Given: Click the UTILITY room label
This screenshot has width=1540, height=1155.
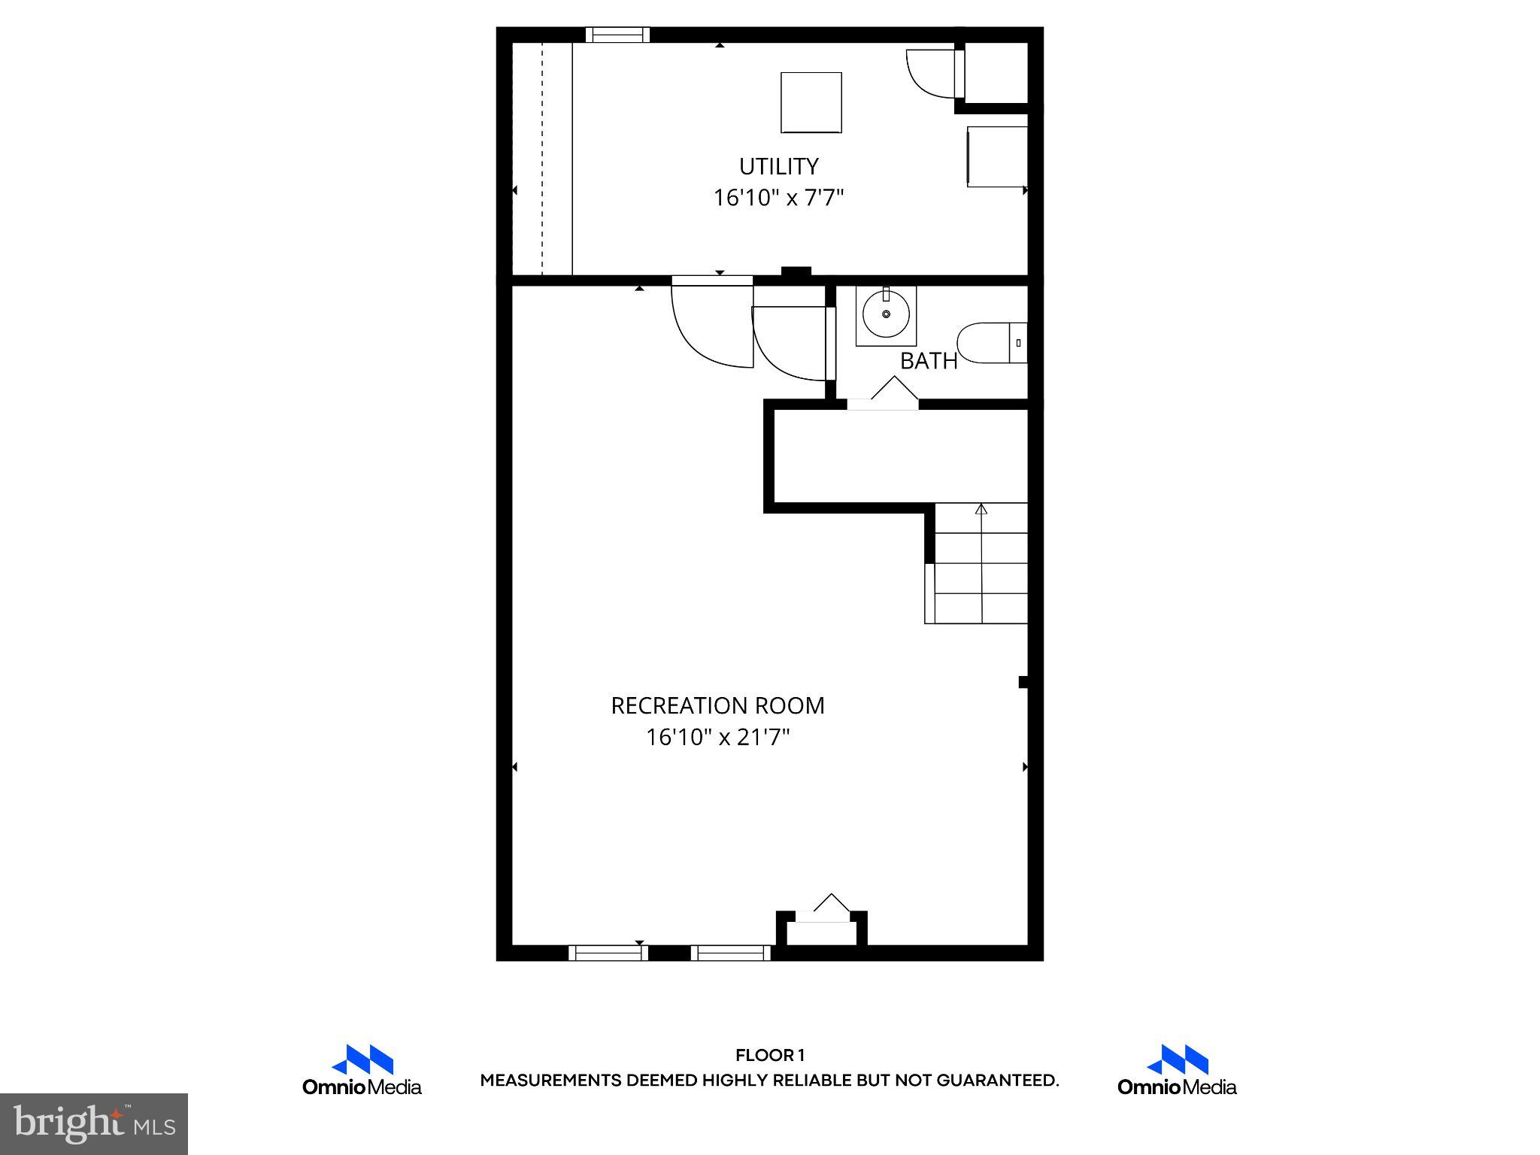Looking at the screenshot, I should pos(778,166).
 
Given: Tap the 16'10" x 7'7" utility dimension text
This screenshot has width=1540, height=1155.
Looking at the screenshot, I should pos(778,199).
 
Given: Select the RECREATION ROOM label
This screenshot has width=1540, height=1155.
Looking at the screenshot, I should pos(717,706).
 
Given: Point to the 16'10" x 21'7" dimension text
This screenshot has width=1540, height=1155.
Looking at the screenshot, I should pos(717,738).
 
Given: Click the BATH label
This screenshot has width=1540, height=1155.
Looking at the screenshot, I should pos(929,362).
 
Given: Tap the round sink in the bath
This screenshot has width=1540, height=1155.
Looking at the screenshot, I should pos(886,314).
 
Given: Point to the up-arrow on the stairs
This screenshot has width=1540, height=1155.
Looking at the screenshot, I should pos(981,510).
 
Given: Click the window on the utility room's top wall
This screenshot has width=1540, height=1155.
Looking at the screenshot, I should pos(617,35).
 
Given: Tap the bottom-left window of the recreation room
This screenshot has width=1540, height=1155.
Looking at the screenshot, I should pos(608,953).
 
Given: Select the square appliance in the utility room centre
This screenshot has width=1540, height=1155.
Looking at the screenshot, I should pos(811,103).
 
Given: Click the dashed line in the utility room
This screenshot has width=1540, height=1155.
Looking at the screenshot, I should pos(542,158).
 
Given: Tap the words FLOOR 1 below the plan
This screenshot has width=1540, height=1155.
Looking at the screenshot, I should pos(769,1056).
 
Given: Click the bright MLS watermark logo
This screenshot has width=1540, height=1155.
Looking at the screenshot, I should pos(93,1124).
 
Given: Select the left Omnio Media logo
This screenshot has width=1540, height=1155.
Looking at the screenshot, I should pos(362,1069).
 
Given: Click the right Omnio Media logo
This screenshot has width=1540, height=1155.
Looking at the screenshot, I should pos(1177,1069).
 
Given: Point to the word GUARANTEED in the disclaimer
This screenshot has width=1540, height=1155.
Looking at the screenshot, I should pos(997,1081).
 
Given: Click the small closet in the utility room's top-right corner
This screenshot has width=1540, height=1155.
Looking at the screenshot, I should pos(996,73).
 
